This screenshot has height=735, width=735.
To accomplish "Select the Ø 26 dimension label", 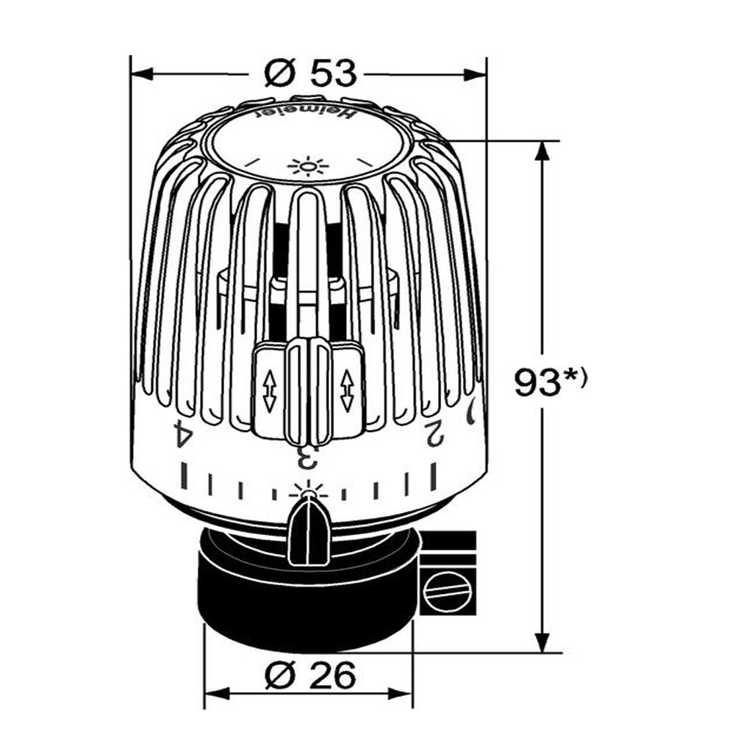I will click(309, 675).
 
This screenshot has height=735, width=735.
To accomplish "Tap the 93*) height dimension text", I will click(551, 383).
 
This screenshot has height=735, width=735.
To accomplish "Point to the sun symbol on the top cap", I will click(308, 167).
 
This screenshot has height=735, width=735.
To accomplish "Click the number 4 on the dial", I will click(182, 433).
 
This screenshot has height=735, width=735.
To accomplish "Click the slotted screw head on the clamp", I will click(448, 589).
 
